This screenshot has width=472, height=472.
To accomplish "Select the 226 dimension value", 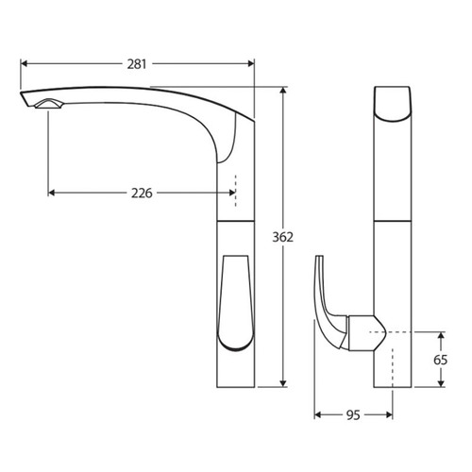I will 142,193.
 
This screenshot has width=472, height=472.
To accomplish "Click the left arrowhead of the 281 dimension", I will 25,64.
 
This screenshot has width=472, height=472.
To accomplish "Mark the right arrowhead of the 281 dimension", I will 251,64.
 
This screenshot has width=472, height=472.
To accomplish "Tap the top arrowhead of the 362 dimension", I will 284,90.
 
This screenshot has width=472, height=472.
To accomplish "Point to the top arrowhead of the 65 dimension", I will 441,335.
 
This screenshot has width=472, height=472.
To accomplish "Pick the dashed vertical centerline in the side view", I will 236,189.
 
